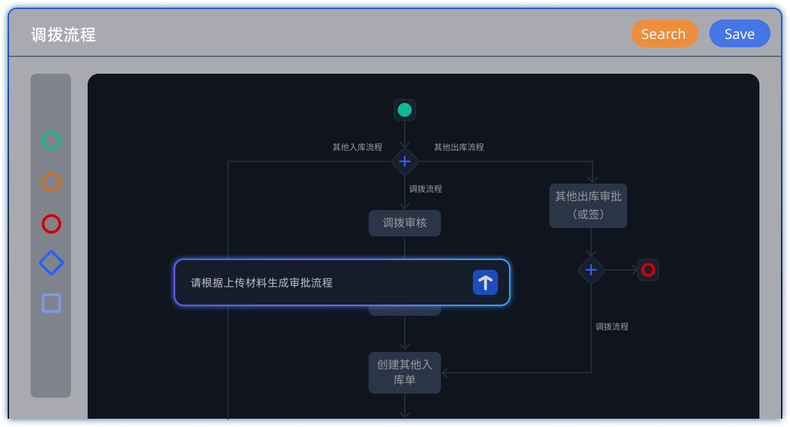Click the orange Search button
point(664,34)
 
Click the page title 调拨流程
point(63,35)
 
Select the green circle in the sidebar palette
point(51,140)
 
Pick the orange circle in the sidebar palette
point(51,182)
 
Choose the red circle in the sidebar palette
point(51,224)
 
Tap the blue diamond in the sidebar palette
point(51,263)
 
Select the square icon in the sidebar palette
point(51,303)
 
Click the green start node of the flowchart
point(405,110)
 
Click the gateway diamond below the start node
point(405,162)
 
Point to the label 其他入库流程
point(357,147)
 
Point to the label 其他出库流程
point(459,147)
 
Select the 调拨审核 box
point(405,223)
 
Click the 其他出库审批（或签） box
point(588,205)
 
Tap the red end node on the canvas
point(648,270)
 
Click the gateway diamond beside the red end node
point(591,270)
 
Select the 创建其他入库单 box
point(405,372)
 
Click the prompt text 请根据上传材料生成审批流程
point(261,283)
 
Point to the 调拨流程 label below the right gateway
point(612,327)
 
